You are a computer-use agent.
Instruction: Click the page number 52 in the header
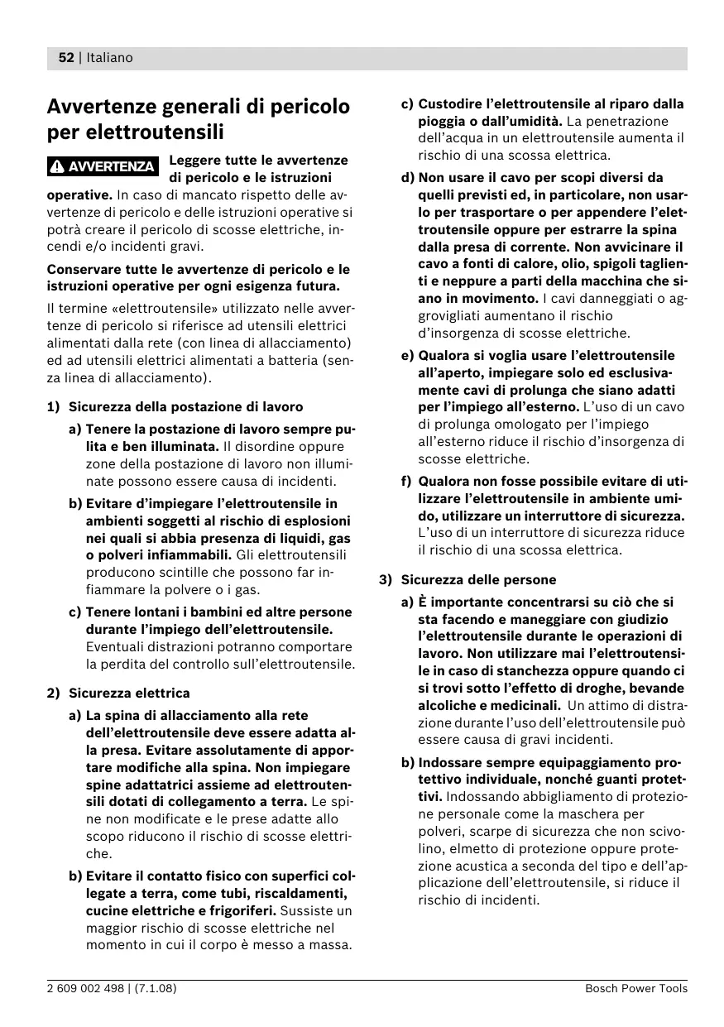66,58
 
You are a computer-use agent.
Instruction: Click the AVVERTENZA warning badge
103,166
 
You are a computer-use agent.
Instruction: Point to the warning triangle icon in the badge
56,166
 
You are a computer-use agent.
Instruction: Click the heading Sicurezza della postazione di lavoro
185,407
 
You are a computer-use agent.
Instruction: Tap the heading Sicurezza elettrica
129,693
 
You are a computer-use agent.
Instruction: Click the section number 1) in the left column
54,407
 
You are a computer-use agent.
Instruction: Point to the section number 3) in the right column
386,580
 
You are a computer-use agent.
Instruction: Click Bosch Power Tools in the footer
635,988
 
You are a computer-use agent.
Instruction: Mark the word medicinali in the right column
525,706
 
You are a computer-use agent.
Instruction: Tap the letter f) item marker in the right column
406,482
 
